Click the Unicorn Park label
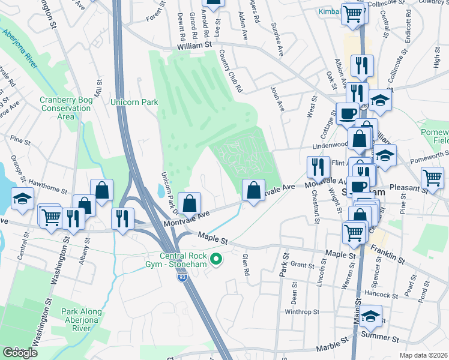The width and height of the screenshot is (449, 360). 134,102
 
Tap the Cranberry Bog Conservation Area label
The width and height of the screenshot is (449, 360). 65,108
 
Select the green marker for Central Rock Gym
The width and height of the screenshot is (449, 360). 218,259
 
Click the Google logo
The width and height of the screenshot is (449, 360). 20,353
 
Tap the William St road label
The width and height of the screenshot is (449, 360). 195,45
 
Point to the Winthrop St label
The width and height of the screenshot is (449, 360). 300,311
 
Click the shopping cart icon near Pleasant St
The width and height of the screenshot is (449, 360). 433,177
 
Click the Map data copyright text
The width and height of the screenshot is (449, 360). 424,355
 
